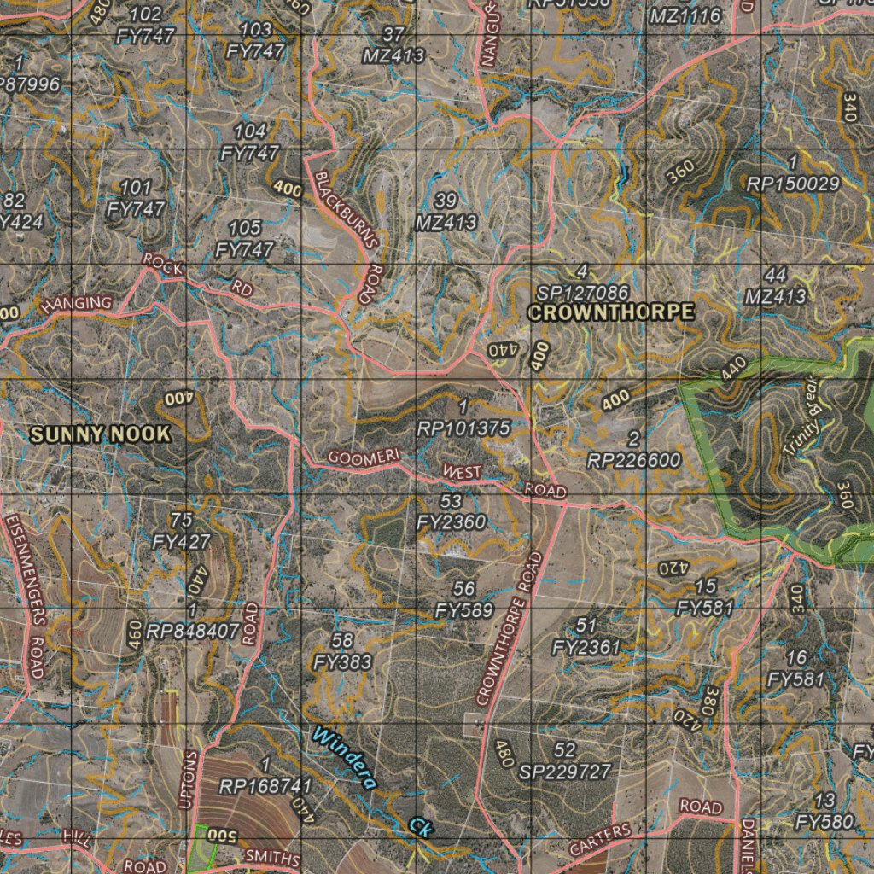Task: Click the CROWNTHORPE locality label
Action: coord(611,312)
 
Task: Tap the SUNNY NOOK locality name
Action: coord(101,434)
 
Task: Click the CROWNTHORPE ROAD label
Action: coord(511,630)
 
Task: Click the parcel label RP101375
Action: coord(463,428)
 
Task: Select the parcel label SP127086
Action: coord(583,292)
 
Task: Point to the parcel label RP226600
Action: coord(634,461)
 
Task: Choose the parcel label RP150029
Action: coord(794,183)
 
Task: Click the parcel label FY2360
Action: coord(452,521)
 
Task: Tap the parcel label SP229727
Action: coord(565,772)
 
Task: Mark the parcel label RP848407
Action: coord(193,631)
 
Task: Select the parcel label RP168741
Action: coord(265,785)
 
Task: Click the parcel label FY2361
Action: coord(586,647)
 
